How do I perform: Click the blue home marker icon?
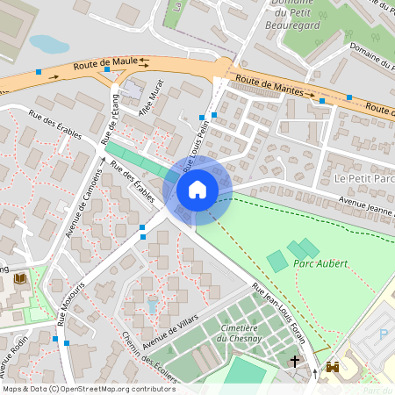pyautogui.click(x=197, y=190)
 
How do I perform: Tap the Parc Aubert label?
pyautogui.click(x=321, y=263)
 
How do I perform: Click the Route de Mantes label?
pyautogui.click(x=276, y=86)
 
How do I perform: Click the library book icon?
pyautogui.click(x=20, y=279)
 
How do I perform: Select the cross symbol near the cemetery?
pyautogui.click(x=295, y=361)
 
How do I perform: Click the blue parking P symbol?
pyautogui.click(x=383, y=334)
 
